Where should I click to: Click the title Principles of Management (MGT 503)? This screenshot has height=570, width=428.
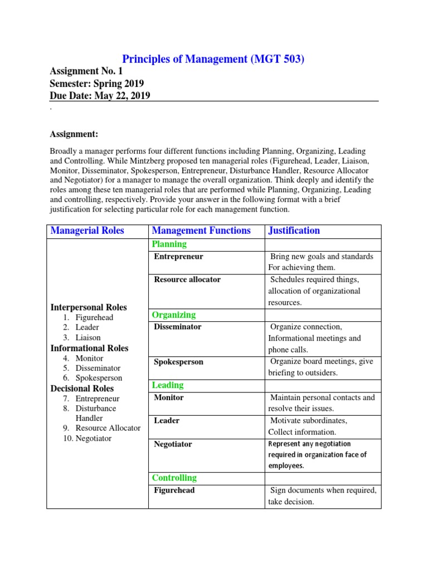(x=213, y=58)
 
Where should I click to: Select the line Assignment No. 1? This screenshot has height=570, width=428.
(x=86, y=71)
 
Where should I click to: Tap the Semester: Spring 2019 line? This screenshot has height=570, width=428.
(x=97, y=83)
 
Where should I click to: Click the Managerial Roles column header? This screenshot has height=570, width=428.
(x=87, y=230)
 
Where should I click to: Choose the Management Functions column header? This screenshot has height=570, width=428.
(x=201, y=230)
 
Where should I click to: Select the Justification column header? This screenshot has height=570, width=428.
(x=294, y=230)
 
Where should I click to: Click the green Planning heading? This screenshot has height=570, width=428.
(x=169, y=244)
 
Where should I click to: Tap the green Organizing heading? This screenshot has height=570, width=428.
(x=174, y=315)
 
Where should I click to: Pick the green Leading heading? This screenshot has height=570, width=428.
(x=168, y=385)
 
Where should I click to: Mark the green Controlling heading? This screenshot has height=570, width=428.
(x=174, y=478)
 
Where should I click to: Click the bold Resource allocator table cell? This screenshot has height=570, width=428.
(x=187, y=279)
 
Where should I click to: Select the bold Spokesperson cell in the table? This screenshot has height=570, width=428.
(x=179, y=362)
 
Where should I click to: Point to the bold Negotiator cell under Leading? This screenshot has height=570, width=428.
(x=173, y=444)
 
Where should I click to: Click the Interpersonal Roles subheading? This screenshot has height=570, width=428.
(x=89, y=307)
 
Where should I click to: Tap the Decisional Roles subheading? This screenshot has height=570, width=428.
(x=82, y=389)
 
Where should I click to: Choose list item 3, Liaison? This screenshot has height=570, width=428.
(x=88, y=337)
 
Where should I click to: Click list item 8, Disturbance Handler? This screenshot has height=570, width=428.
(x=96, y=413)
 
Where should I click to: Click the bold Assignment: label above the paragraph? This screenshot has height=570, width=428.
(x=74, y=134)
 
